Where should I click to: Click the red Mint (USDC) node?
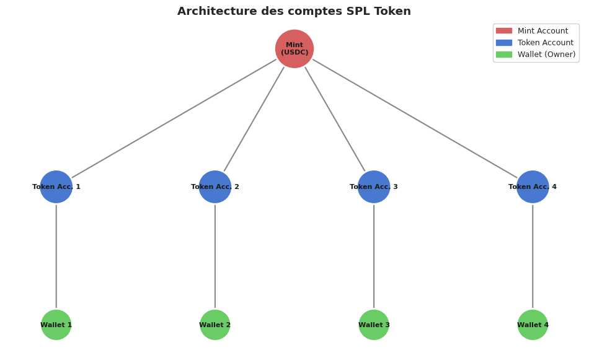click(x=294, y=49)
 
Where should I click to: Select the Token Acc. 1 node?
click(x=56, y=187)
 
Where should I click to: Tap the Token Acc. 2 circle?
click(x=215, y=187)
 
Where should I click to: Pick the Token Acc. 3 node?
click(x=374, y=187)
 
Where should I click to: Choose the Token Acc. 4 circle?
click(x=533, y=187)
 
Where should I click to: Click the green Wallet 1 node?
click(x=56, y=325)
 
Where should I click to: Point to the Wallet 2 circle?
click(x=215, y=325)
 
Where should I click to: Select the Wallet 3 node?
click(x=374, y=325)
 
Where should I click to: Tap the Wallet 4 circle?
click(x=533, y=325)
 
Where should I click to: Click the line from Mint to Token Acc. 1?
click(x=174, y=119)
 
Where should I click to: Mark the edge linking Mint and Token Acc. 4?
click(x=415, y=118)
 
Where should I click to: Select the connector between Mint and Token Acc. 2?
click(x=254, y=119)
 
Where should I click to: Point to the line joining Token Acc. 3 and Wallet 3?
click(x=374, y=256)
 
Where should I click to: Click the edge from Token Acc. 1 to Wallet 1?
click(x=56, y=256)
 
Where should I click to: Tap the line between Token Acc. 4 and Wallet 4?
click(x=533, y=256)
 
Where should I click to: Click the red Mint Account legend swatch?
click(x=504, y=31)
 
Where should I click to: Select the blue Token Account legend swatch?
click(x=504, y=43)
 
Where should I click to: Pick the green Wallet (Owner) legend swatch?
click(x=504, y=55)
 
